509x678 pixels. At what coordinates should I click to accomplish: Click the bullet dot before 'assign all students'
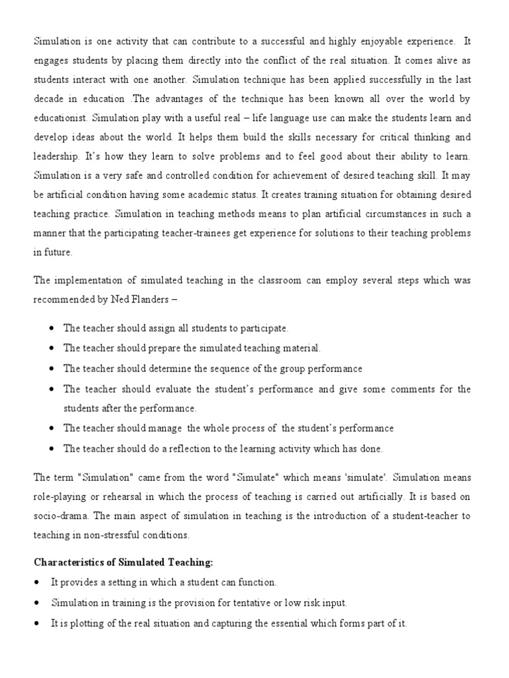pos(52,328)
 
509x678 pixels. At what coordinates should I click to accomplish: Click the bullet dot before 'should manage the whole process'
pos(52,428)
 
